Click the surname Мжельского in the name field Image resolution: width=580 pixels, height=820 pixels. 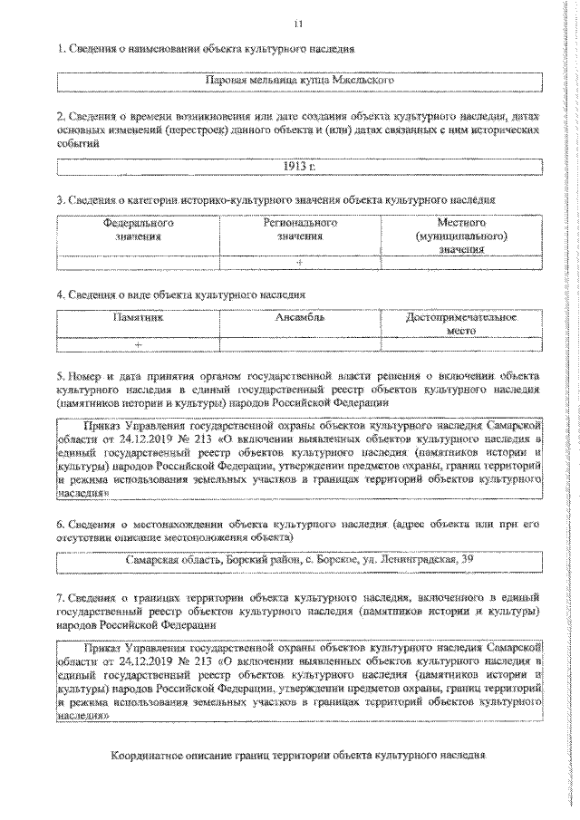(x=360, y=82)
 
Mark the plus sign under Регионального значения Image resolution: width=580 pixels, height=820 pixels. (x=299, y=262)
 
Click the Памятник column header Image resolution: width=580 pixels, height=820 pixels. (x=138, y=319)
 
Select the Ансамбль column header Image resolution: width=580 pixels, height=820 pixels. (x=300, y=319)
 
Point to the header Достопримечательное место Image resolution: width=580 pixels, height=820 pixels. (x=461, y=324)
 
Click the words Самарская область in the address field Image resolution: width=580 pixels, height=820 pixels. (x=169, y=558)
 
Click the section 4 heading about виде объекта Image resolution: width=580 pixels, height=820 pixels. (x=179, y=294)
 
